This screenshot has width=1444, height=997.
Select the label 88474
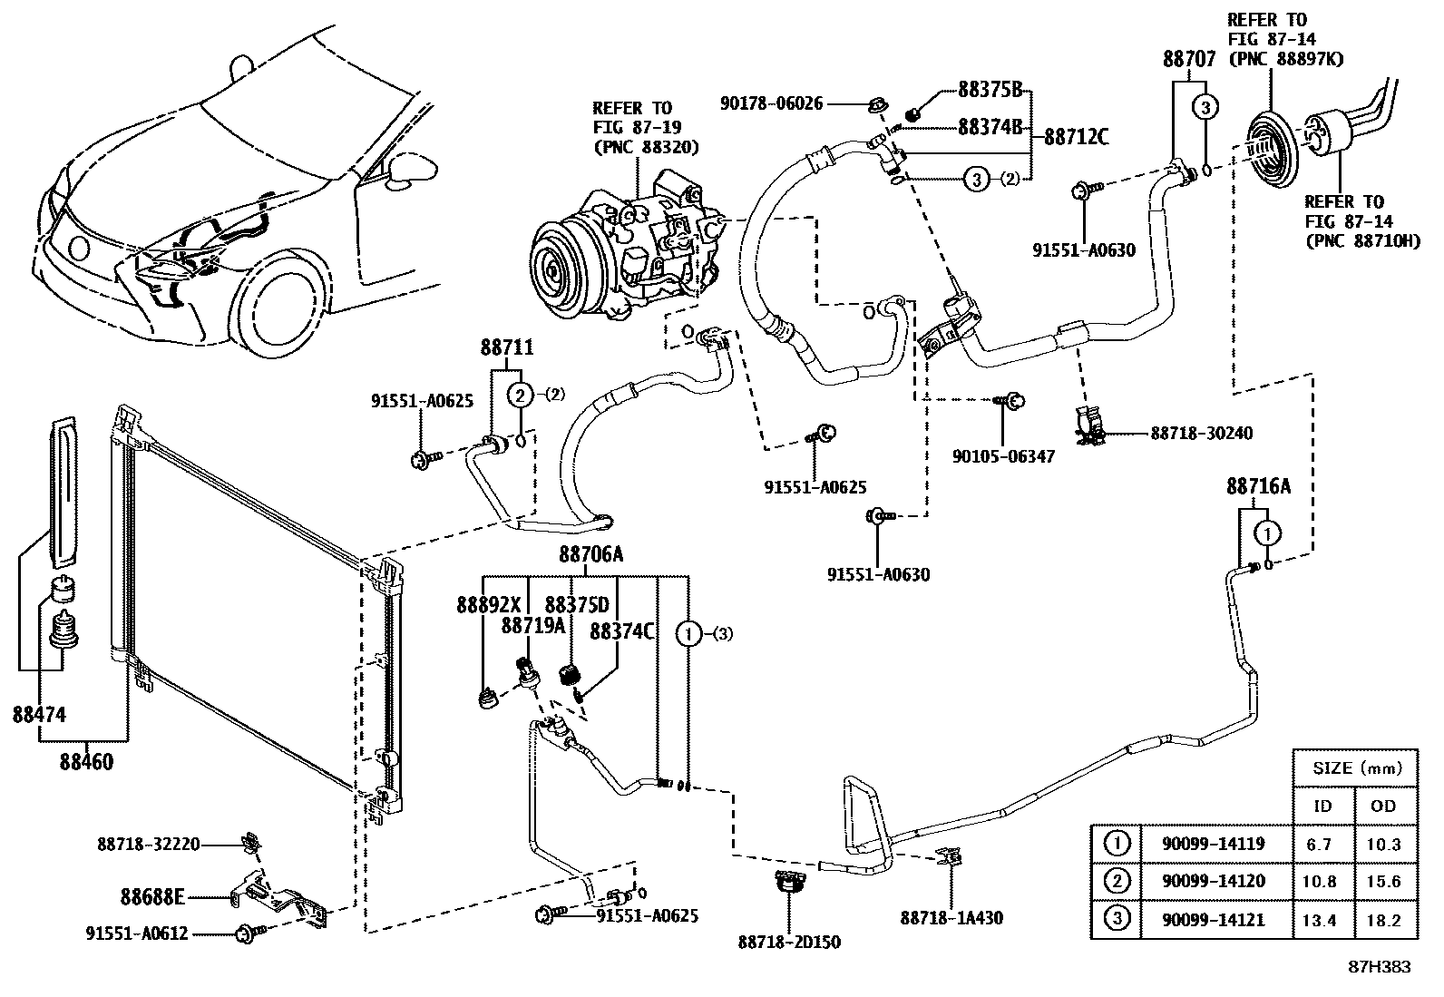39,714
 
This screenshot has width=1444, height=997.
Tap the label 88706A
590,554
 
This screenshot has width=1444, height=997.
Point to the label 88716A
1258,487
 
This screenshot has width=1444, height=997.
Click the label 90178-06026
772,103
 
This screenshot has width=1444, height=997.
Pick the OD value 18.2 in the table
1383,920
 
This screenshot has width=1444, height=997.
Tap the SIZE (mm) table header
1357,767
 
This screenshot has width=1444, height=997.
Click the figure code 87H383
1379,967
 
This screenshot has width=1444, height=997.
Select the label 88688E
152,897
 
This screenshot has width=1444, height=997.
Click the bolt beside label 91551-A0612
246,932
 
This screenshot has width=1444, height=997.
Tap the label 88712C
1076,137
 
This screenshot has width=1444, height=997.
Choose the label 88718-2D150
789,942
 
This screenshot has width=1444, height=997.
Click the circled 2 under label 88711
520,394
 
